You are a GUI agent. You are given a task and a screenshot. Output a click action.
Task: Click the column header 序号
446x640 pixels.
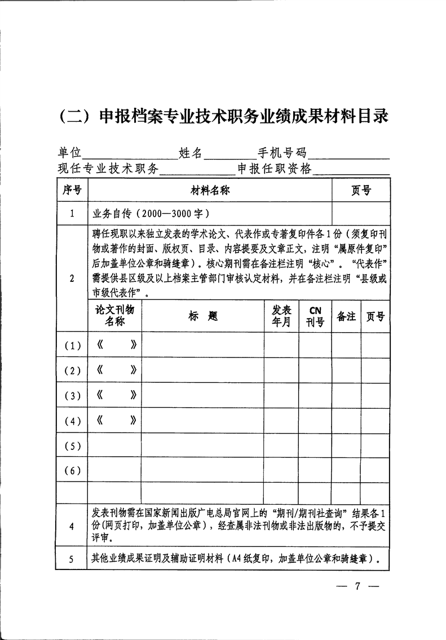click(x=72, y=191)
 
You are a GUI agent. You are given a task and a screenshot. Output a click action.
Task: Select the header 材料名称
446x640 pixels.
click(x=210, y=191)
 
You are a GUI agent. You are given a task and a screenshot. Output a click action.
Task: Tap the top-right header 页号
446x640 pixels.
click(x=361, y=191)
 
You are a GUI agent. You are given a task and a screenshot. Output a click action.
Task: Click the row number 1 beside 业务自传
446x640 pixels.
click(x=72, y=214)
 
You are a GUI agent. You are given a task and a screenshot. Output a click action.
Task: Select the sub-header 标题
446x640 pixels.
click(x=203, y=316)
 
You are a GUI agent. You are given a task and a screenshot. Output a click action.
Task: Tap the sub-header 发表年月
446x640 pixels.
click(x=281, y=316)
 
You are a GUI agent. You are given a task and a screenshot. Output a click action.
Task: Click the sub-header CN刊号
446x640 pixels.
click(x=315, y=316)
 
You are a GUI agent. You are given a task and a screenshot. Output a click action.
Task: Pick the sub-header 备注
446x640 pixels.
click(x=346, y=316)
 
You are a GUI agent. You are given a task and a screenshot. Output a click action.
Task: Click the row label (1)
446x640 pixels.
click(x=72, y=346)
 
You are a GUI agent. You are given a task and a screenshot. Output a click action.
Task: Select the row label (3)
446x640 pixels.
click(x=72, y=395)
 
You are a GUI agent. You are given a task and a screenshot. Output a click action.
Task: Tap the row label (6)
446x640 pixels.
click(x=72, y=470)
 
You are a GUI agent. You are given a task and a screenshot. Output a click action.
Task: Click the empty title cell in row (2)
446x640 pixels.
click(x=203, y=370)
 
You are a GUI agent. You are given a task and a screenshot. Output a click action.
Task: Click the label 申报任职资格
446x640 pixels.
click(x=275, y=169)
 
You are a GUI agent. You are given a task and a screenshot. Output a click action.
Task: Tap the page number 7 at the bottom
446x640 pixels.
click(x=357, y=586)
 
